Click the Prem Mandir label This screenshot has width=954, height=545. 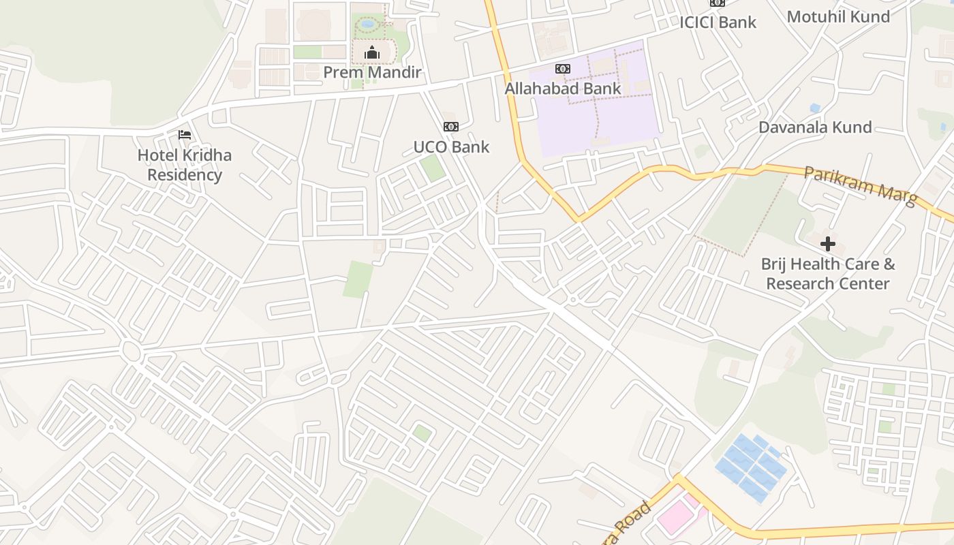coord(372,72)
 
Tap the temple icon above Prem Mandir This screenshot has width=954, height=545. coord(371,52)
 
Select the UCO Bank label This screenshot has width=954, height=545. coord(451,146)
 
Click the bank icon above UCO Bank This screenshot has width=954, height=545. coord(450,127)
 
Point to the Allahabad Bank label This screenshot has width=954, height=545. coord(563,89)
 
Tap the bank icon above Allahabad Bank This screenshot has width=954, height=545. coord(563,69)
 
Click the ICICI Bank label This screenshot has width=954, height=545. coord(718,22)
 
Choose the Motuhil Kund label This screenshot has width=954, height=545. coord(838,16)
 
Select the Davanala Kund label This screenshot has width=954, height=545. coord(815,127)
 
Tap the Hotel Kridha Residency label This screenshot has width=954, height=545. coord(185,165)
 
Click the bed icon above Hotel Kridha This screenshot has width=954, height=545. coord(185,135)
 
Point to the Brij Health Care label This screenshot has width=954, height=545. coord(828,274)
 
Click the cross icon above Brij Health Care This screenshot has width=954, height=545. coord(828,244)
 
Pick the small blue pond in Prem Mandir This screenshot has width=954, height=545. coord(368,24)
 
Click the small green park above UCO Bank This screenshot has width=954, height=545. coord(431,168)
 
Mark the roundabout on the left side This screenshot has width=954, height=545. coord(131,352)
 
